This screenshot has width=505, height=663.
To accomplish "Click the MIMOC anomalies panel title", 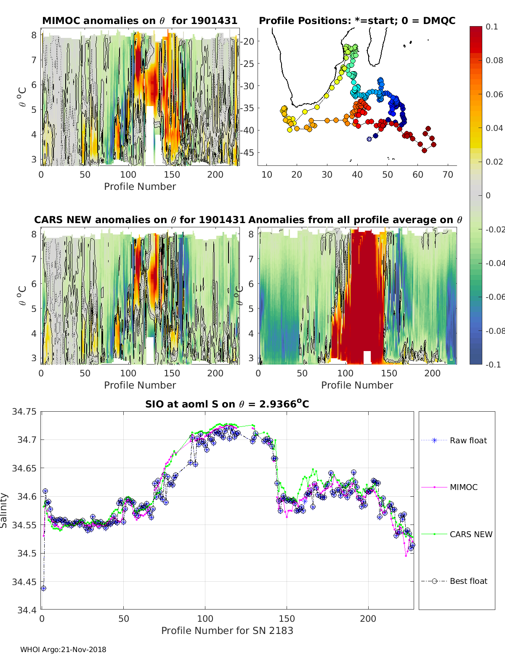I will point(140,21).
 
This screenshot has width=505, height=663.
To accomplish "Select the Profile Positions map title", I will point(357,21).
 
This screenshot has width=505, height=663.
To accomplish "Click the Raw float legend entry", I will point(468,440).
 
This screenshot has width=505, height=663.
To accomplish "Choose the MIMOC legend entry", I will point(463,487).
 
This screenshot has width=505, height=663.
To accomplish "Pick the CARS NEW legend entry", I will point(470,534).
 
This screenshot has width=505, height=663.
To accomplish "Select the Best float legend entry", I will point(468,581).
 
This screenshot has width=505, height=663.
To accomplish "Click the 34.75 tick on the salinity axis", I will point(24,411).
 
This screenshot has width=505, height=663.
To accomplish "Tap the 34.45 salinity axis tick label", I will point(24,582).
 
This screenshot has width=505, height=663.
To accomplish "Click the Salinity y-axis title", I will point(4,510).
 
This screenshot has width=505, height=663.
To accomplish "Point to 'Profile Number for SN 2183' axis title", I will point(227,630).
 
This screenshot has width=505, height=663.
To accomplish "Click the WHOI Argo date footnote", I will point(63,650).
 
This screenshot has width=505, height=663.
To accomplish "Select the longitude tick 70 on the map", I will point(448,175).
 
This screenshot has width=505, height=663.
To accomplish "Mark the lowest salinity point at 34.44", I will point(43,588).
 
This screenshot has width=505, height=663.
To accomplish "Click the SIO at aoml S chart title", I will point(227,404).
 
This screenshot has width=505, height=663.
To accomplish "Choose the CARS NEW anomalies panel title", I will point(140,220).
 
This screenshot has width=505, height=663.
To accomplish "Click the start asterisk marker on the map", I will point(369,139).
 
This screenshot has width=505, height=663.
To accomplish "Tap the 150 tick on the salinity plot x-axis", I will point(287,618).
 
